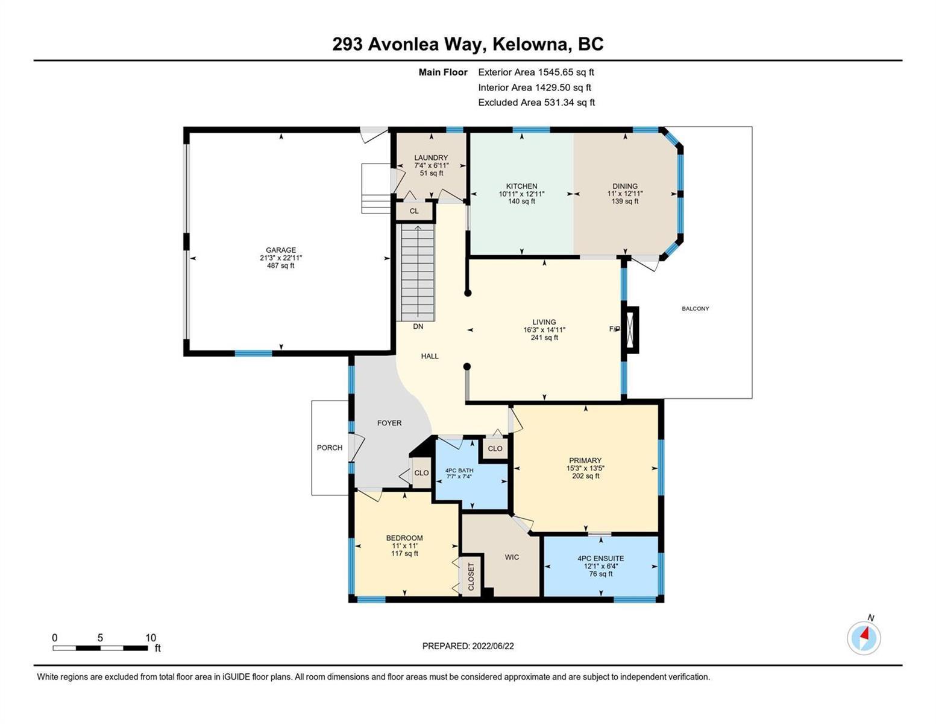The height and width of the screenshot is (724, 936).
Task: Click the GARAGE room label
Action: pos(280,250)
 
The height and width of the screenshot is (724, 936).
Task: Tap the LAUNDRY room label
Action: pos(431,158)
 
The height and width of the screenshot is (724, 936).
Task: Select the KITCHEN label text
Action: pos(521,186)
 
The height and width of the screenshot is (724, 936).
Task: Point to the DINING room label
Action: pos(624,186)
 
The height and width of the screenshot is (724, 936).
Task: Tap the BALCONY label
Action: pos(695,308)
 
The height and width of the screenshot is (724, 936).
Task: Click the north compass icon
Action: pos(863,637)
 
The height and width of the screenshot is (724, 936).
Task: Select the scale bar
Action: pos(101,647)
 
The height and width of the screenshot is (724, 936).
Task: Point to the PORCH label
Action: pos(330,448)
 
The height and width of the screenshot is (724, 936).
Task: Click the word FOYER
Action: pos(389,423)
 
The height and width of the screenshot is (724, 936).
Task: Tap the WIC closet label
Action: pos(512,557)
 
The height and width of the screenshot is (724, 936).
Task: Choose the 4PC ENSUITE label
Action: pos(600,559)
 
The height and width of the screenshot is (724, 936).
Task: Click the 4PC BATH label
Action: pos(459,470)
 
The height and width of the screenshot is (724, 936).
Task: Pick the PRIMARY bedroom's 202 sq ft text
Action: pos(585,475)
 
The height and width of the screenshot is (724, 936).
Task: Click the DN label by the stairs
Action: pos(418,326)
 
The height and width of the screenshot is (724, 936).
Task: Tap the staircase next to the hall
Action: pos(418,273)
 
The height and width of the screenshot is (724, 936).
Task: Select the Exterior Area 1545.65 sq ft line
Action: pos(536,72)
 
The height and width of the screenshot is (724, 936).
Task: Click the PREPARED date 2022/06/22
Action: pos(492,646)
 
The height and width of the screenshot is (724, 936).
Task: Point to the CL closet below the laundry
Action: pos(414,211)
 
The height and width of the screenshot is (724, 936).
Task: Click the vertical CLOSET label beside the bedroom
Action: pos(471,577)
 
